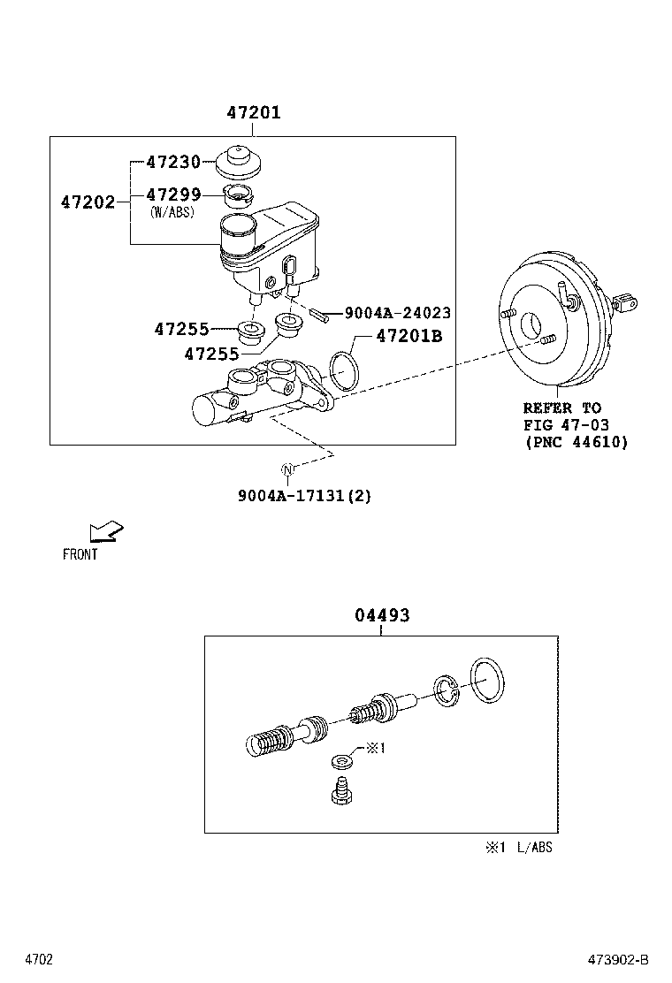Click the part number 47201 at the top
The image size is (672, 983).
(x=253, y=113)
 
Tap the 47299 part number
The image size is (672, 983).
(x=172, y=194)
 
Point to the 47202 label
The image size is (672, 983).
(x=88, y=202)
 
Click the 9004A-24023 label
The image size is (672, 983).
(x=397, y=313)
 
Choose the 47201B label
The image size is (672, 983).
(x=409, y=336)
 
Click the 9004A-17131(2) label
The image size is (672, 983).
(x=304, y=496)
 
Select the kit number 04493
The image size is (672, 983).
(x=382, y=615)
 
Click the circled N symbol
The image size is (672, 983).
(x=287, y=469)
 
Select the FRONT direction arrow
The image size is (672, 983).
(x=106, y=531)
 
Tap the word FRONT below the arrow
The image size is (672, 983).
(x=80, y=555)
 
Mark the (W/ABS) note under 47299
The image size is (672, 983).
(x=172, y=212)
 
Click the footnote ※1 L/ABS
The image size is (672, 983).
(x=517, y=848)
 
